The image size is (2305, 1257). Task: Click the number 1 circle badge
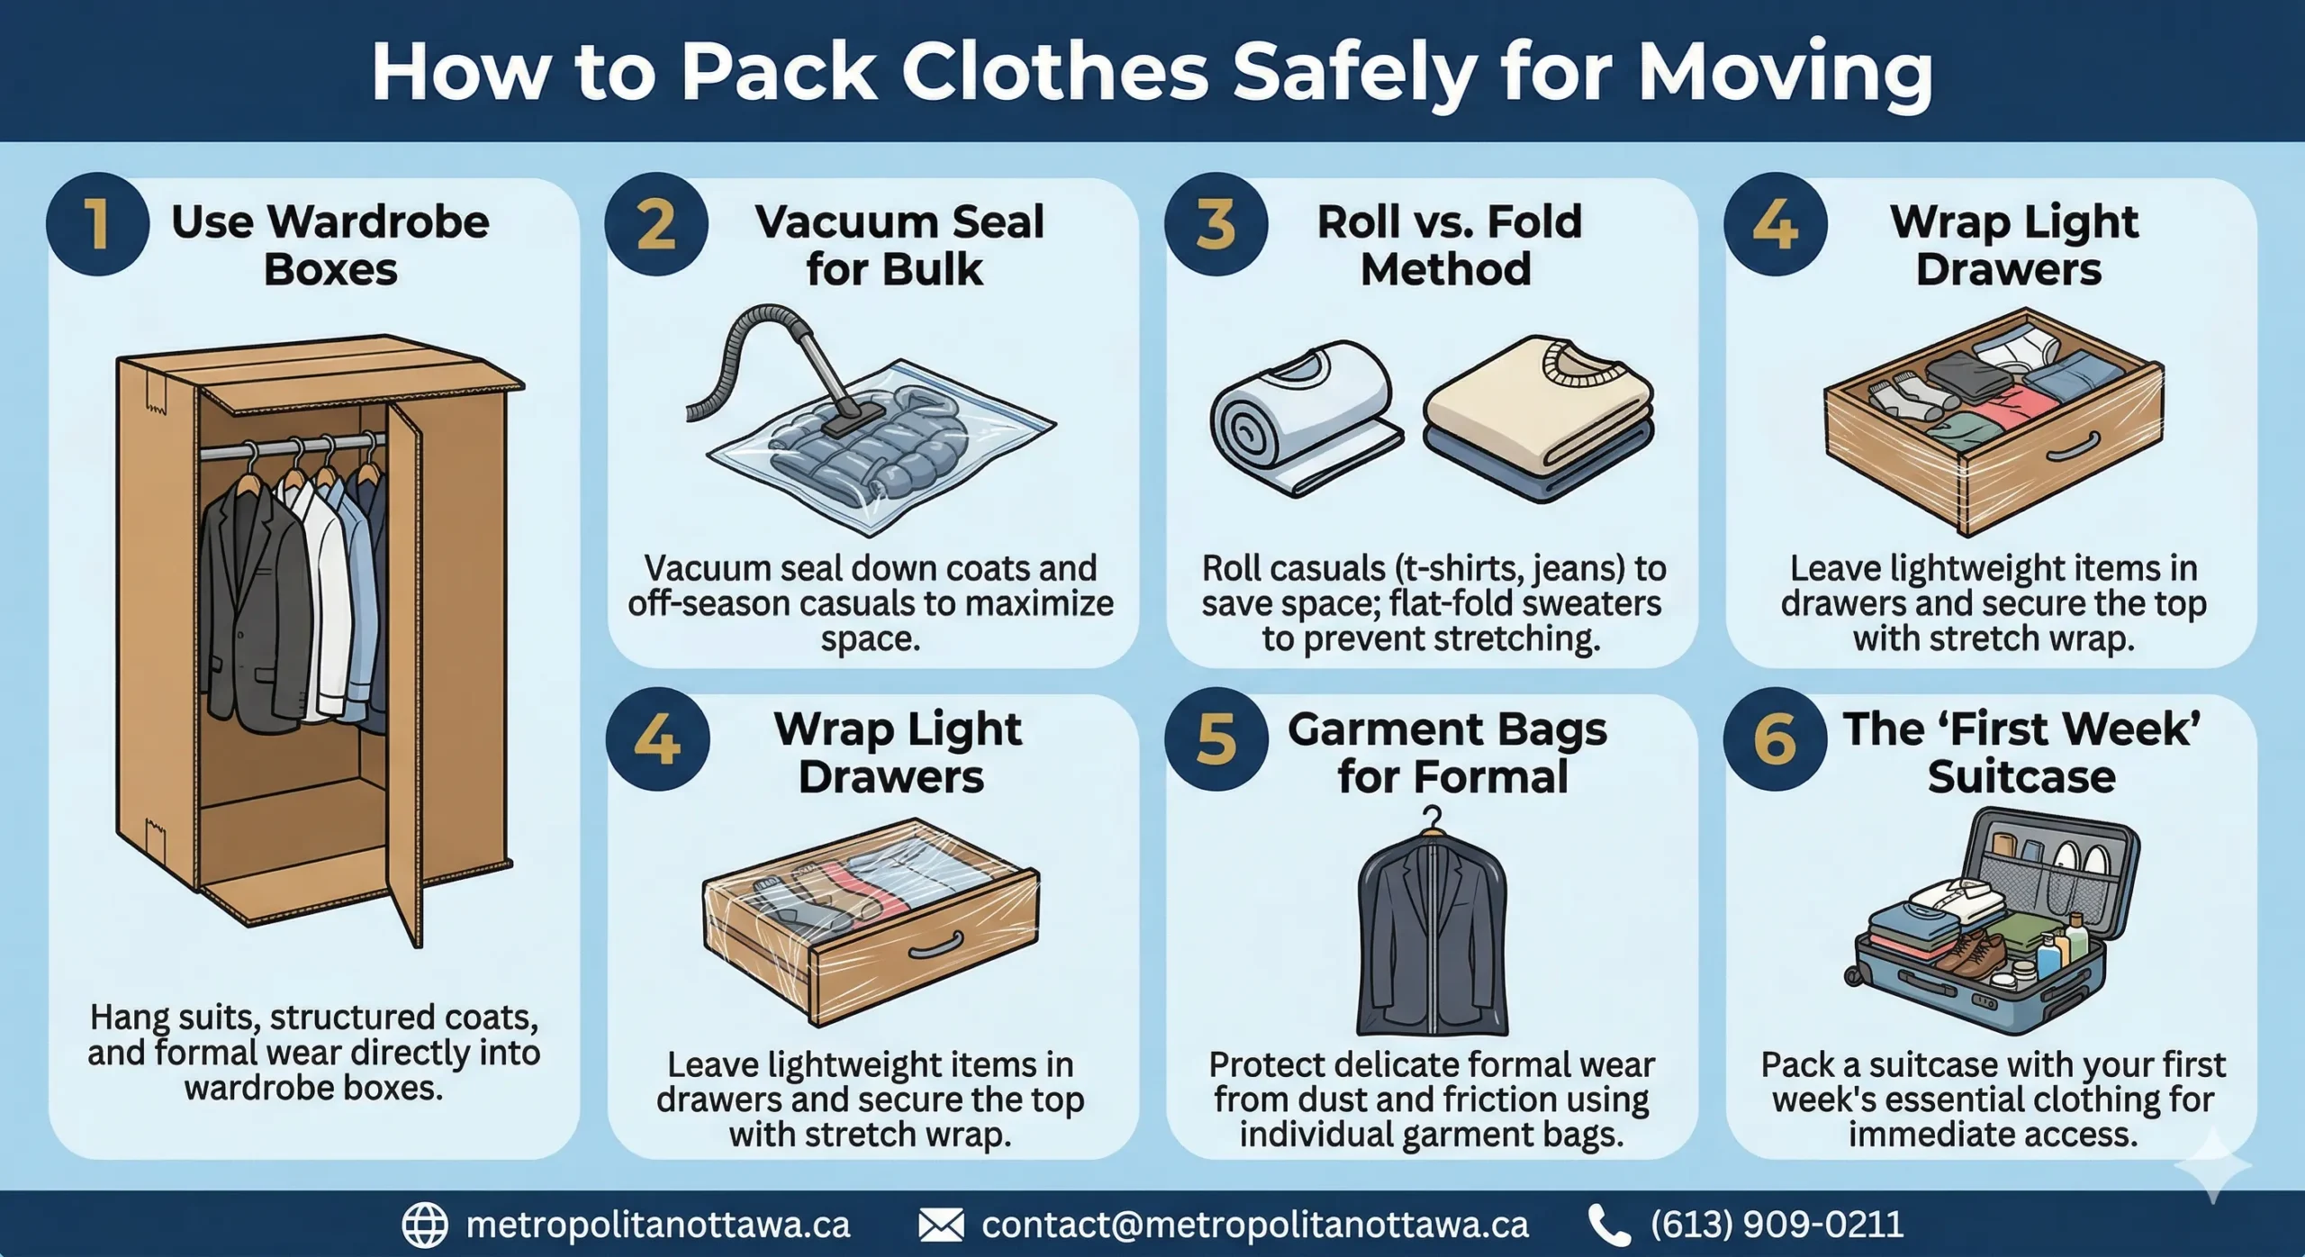97,224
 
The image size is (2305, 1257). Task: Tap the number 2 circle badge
656,224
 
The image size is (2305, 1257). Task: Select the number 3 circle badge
1216,224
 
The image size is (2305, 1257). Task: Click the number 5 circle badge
1216,740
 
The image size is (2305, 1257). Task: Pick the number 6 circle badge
1775,740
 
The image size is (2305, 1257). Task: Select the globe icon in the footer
424,1225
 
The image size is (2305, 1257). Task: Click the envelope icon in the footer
941,1225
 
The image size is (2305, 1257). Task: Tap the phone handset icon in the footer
1609,1225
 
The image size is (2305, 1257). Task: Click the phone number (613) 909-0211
1776,1225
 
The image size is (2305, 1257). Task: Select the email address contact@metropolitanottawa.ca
1254,1225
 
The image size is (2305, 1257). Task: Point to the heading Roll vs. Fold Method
1448,245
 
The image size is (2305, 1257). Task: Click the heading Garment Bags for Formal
1448,752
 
